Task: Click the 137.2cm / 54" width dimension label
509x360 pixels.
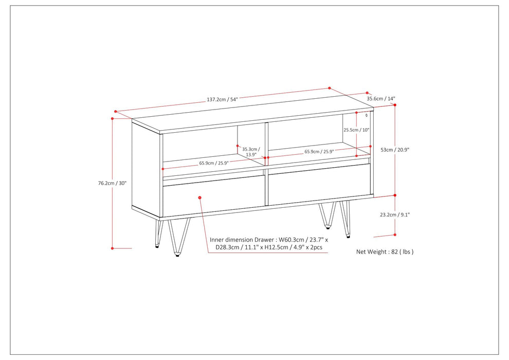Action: (x=222, y=99)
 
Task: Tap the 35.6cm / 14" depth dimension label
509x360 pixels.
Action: (x=381, y=98)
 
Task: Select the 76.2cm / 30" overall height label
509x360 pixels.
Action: (x=112, y=183)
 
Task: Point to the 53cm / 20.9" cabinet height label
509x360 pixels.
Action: (x=395, y=150)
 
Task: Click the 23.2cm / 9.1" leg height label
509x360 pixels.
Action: (x=395, y=214)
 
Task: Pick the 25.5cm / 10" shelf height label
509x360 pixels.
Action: (x=356, y=130)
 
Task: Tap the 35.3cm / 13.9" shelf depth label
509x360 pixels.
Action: (x=251, y=152)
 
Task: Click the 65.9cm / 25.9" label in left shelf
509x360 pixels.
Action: (x=214, y=163)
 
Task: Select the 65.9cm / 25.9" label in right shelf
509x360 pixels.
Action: (x=319, y=151)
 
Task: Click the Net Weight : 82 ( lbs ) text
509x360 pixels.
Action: (x=385, y=251)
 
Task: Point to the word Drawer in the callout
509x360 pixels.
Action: (x=265, y=240)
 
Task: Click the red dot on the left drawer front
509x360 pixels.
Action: (x=200, y=197)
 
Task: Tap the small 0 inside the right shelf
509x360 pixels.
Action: (x=367, y=115)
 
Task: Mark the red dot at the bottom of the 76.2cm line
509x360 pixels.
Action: (x=112, y=248)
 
